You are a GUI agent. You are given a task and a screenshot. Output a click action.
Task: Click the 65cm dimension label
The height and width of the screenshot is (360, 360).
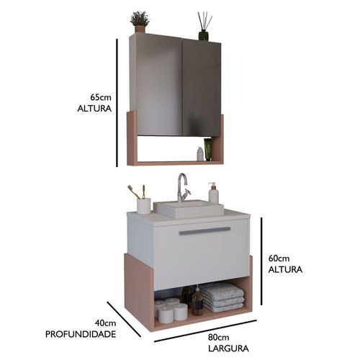tap(101, 97)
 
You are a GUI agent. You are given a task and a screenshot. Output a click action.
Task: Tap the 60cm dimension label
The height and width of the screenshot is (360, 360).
tap(279, 258)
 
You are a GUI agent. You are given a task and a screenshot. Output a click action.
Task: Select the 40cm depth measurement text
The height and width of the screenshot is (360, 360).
tap(105, 323)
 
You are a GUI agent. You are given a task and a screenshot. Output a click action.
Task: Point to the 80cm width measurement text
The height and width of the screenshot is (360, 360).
tap(218, 337)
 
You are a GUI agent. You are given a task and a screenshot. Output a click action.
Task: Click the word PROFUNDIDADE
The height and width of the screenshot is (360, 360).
tap(81, 334)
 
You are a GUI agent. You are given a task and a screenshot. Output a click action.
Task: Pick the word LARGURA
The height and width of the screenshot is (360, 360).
tap(228, 348)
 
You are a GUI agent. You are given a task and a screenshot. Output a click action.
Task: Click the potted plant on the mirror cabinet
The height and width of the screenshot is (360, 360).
tap(140, 22)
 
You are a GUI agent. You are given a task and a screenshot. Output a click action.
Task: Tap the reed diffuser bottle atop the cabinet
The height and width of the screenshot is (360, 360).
tap(204, 26)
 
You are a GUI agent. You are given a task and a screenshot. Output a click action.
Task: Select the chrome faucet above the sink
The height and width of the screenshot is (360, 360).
tap(184, 187)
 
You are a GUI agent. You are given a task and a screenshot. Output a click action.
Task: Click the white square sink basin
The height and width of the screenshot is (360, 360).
tap(189, 209)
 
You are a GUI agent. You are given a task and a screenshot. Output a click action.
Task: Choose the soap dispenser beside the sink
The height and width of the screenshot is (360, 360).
tap(213, 193)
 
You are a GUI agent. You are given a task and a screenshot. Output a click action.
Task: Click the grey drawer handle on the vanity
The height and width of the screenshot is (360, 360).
tap(204, 230)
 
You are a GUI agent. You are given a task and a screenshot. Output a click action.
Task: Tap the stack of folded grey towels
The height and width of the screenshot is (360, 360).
tap(222, 297)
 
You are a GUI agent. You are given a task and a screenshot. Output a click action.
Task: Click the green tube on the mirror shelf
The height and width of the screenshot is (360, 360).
tap(208, 149)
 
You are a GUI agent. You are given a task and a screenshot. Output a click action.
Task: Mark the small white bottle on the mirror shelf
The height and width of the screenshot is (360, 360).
tap(200, 154)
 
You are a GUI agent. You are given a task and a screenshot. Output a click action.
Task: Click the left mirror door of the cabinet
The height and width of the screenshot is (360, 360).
tap(157, 85)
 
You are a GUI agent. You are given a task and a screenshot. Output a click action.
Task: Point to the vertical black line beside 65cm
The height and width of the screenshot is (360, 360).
tap(117, 103)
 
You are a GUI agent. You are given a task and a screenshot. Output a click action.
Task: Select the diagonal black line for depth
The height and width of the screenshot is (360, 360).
tap(124, 319)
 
